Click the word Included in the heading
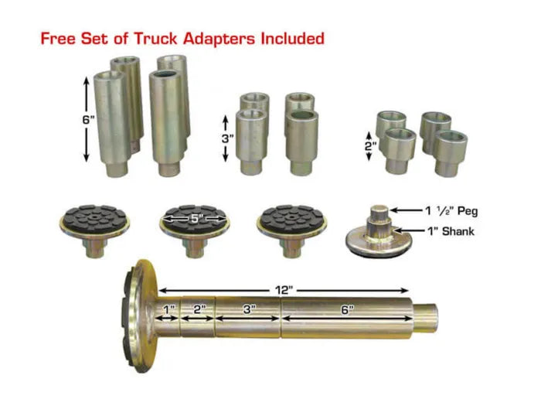[293, 39]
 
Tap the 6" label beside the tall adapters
[88, 120]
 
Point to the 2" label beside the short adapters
[370, 146]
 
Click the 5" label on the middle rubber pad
[196, 219]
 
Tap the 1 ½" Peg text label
[451, 210]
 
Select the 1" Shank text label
[451, 231]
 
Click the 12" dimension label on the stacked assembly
[284, 290]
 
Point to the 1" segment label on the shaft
[169, 309]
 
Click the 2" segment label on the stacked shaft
[199, 309]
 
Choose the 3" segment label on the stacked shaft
[249, 309]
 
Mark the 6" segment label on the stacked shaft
[348, 309]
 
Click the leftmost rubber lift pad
[94, 230]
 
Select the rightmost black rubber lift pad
[291, 230]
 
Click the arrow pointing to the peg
[407, 210]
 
